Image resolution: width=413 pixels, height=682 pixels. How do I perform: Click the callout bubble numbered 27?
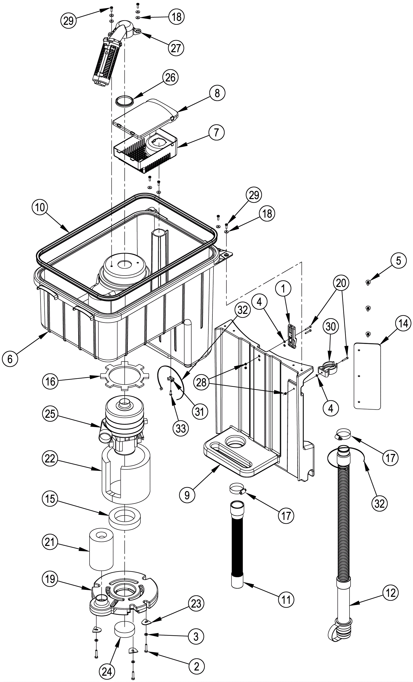click(x=176, y=48)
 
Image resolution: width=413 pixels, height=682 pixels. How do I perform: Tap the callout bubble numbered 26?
click(x=170, y=77)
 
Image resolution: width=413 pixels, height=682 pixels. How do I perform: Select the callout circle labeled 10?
click(x=40, y=207)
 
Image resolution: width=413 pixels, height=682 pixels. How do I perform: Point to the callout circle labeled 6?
click(x=10, y=359)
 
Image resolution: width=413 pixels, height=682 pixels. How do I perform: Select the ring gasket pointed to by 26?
click(x=124, y=101)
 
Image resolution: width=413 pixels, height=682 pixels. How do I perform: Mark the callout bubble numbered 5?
click(x=398, y=261)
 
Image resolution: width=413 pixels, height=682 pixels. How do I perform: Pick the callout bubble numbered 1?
click(x=283, y=289)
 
